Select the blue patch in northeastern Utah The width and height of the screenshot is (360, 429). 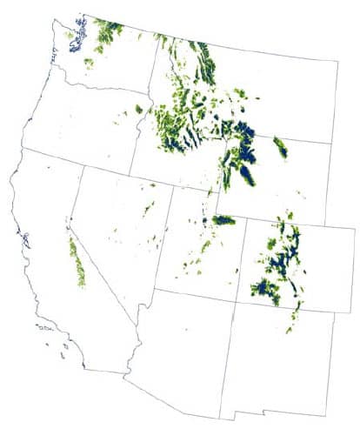pyautogui.click(x=223, y=220)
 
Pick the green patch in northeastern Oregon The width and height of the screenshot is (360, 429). pyautogui.click(x=138, y=110)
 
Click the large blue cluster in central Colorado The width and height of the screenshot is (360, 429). pyautogui.click(x=280, y=261)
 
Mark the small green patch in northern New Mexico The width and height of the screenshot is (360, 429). pyautogui.click(x=290, y=329)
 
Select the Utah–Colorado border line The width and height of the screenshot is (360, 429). pyautogui.click(x=237, y=261)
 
